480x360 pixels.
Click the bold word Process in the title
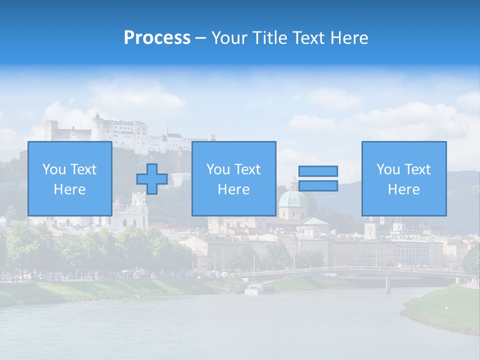(x=157, y=38)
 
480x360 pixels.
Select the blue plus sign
(x=152, y=178)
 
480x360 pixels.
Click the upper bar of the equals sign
(x=318, y=171)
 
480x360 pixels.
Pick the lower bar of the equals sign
(x=318, y=186)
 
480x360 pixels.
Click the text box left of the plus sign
(x=69, y=179)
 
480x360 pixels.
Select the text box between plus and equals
(x=233, y=179)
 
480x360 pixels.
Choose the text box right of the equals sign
(x=403, y=179)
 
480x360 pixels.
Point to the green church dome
(x=292, y=199)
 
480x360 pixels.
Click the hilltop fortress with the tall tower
(x=98, y=128)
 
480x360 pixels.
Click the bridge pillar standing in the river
(x=387, y=285)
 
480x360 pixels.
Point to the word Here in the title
(x=349, y=38)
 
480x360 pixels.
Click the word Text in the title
(x=307, y=38)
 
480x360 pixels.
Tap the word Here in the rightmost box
(x=403, y=189)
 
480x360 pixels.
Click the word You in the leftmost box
(x=54, y=169)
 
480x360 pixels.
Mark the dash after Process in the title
(x=200, y=38)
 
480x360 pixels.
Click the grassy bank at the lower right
(x=445, y=310)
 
